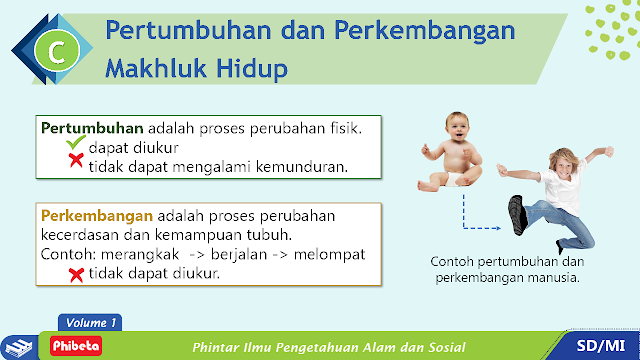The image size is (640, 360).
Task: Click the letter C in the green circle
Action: click(57, 51)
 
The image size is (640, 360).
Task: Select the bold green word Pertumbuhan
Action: click(92, 128)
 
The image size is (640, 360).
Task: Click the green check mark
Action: click(76, 142)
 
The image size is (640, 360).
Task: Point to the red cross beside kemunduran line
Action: click(76, 160)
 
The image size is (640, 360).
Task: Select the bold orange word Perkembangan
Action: click(97, 216)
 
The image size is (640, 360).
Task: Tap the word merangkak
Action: click(140, 255)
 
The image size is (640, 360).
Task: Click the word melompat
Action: click(329, 254)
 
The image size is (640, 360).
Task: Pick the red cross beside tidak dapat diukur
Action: click(76, 275)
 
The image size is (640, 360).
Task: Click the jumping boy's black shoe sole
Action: click(517, 215)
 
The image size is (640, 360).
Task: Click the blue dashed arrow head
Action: click(498, 228)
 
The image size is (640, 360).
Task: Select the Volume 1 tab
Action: click(90, 322)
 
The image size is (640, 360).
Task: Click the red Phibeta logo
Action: click(76, 346)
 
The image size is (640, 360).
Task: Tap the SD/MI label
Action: click(601, 346)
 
